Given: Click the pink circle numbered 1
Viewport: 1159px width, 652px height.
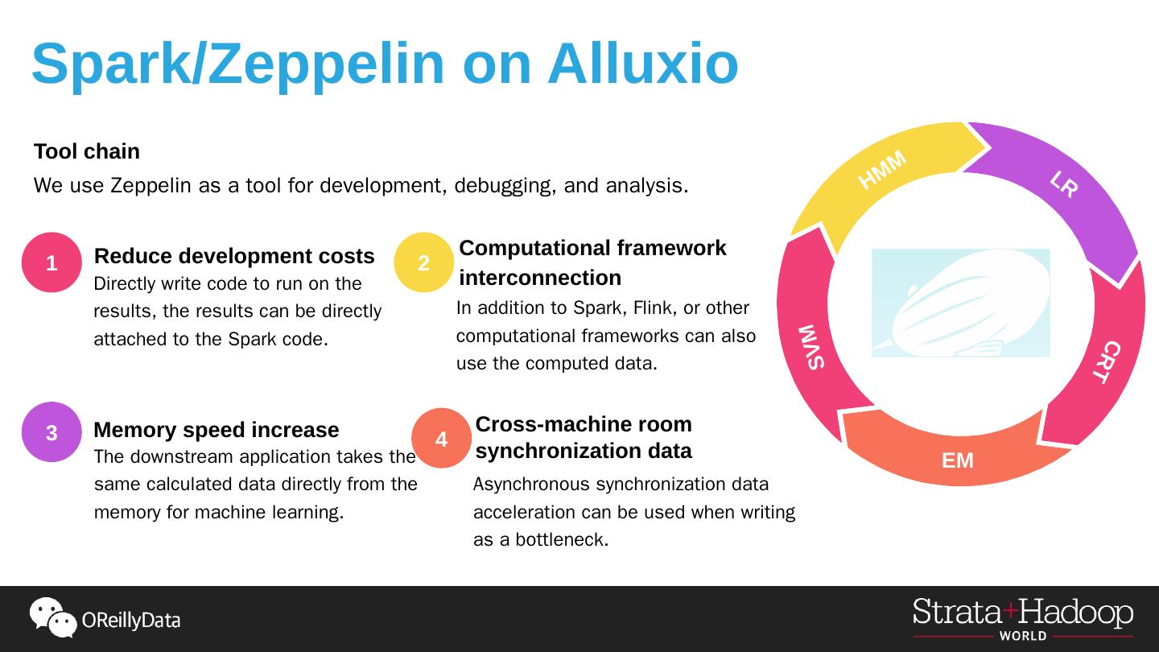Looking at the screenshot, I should (52, 262).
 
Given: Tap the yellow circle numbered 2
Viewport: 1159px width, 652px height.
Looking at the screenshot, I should (424, 262).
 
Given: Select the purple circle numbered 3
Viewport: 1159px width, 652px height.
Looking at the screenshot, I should (52, 432).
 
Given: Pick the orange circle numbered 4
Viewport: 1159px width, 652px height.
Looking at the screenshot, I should (441, 439).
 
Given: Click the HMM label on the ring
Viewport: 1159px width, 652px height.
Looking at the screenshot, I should (882, 170).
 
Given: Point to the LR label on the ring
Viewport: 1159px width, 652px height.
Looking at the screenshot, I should (1064, 184).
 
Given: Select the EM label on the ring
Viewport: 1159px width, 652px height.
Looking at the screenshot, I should (958, 460).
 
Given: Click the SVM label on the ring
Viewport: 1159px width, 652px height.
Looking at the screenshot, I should (812, 347).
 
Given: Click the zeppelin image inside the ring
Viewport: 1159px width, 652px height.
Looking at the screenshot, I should (960, 303).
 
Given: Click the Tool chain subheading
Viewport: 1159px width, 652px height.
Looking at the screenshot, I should (87, 151).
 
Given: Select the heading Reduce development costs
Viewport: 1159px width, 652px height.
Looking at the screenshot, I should (234, 256).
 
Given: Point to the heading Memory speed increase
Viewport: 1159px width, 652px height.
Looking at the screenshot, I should (217, 430).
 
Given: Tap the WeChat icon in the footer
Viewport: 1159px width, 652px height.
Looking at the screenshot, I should (52, 617).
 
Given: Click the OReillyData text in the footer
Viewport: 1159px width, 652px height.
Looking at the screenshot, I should (131, 621).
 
